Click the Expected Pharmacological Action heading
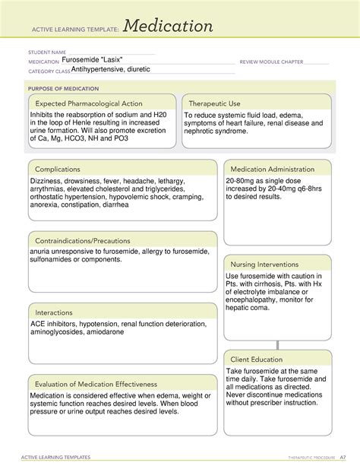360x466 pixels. [x=88, y=103]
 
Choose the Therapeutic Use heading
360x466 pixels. [x=214, y=103]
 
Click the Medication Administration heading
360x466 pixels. [x=272, y=169]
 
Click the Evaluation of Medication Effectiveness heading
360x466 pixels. [x=94, y=385]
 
